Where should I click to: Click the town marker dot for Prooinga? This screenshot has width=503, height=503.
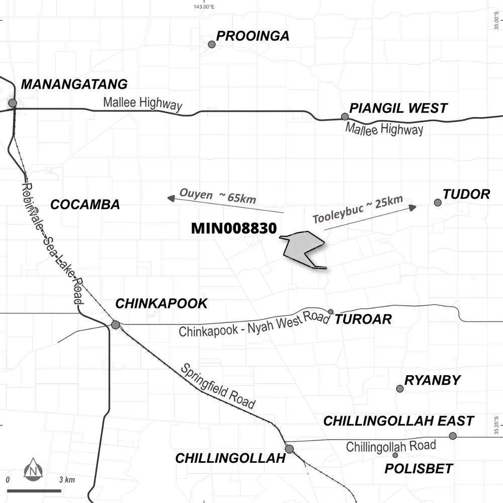coord(212,44)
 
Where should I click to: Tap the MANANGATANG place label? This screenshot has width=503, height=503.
coord(74,85)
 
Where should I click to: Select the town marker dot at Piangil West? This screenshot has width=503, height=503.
coord(345,117)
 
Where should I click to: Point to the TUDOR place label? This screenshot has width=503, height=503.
coord(466,194)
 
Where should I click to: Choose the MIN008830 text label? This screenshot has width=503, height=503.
coord(234,228)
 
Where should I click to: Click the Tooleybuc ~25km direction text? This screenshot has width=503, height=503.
coord(358,210)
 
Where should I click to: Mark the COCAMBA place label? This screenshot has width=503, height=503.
coord(85,205)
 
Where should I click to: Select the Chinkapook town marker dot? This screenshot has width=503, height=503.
coord(115,325)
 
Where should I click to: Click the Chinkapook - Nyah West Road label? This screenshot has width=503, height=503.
coord(254,325)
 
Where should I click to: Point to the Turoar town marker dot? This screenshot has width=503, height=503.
coord(330,312)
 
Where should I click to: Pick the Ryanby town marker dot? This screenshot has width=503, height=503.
coord(400,388)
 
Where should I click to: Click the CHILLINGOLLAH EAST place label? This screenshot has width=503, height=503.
coord(398,421)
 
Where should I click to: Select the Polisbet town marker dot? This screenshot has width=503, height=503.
coord(395,455)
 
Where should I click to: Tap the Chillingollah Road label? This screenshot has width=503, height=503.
coord(391,446)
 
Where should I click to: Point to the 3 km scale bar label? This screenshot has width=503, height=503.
coord(67,480)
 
